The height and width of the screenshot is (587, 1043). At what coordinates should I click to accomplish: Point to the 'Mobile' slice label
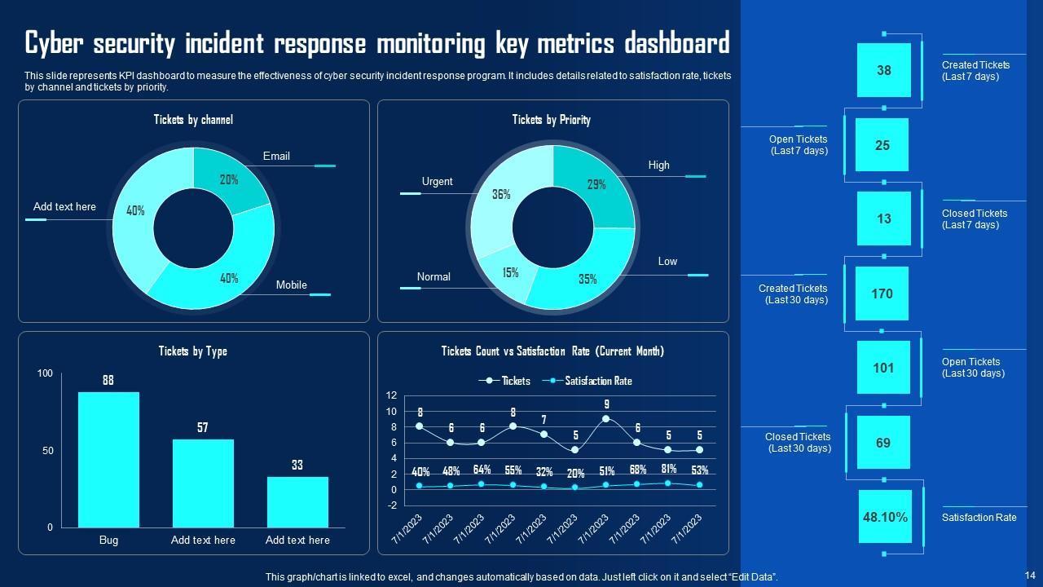291,285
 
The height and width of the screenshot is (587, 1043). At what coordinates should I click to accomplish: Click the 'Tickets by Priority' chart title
551,120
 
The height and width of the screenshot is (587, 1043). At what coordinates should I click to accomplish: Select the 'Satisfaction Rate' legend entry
597,381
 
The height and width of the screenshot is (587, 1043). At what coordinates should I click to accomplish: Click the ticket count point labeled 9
606,419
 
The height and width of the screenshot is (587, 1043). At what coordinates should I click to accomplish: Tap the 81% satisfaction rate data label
668,470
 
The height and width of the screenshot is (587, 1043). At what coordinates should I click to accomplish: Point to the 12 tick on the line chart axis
391,395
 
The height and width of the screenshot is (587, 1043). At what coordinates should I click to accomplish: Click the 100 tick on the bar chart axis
45,373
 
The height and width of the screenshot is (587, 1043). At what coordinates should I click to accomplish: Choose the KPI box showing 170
882,293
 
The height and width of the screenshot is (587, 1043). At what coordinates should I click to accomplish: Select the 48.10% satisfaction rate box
884,517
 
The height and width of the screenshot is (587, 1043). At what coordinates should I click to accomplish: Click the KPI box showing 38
883,70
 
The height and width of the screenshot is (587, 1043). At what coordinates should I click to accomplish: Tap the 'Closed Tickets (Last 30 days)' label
798,443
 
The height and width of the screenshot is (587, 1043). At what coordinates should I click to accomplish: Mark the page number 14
1028,575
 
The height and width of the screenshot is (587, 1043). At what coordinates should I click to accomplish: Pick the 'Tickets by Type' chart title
192,351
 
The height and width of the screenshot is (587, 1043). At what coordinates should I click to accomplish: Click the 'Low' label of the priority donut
667,262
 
